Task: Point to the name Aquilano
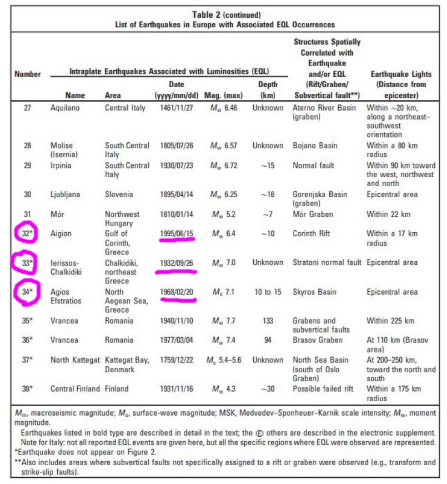tap(66, 108)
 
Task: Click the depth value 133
tap(268, 321)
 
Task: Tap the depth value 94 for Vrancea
tap(268, 340)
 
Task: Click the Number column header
tap(27, 74)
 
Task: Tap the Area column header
tap(113, 95)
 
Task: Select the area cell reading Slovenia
tap(119, 195)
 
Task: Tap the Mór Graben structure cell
tap(313, 214)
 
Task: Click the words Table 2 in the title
tap(207, 14)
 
